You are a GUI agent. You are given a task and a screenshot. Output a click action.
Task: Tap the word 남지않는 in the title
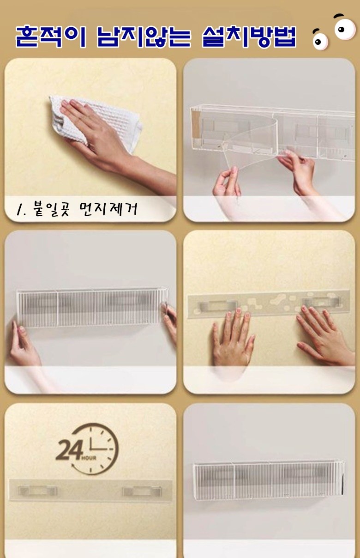point(144,36)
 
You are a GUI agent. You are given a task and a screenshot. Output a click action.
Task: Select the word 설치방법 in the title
point(249,36)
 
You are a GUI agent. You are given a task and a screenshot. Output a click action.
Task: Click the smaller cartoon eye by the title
point(320,40)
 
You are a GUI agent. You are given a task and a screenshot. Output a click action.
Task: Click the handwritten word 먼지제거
point(108,209)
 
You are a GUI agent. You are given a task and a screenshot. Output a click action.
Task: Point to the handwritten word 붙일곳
point(51,209)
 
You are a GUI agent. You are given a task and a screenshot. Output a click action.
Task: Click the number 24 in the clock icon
point(69,450)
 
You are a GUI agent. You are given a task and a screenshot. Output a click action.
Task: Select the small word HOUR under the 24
point(89,458)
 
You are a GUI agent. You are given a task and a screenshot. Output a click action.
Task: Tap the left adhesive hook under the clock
point(37,491)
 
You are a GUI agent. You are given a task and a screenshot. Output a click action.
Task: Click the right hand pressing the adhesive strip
point(324,334)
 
